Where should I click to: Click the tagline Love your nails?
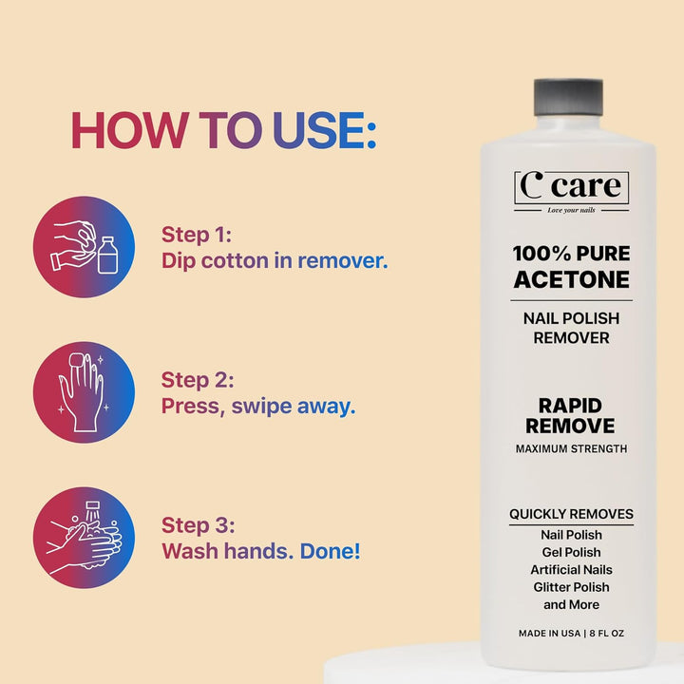[571, 210]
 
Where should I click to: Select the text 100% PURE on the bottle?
[571, 255]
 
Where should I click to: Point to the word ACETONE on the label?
[571, 279]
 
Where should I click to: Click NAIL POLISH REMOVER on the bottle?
[571, 328]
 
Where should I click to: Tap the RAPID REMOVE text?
[571, 415]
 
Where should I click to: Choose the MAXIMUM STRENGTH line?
[571, 448]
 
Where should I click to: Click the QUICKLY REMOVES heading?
[571, 514]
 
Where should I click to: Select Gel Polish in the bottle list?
[571, 553]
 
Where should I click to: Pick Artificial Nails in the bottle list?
[571, 570]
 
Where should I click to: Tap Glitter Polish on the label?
[571, 587]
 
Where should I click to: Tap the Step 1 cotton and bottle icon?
[84, 247]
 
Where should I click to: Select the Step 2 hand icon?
[84, 392]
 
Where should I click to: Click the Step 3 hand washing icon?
[84, 538]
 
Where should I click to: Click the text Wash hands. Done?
[260, 550]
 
